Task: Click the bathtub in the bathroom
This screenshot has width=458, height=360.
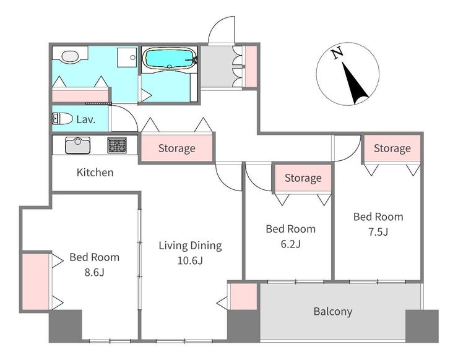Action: (x=170, y=58)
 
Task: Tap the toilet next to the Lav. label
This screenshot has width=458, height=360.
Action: (x=63, y=119)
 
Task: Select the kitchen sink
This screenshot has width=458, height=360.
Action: (x=78, y=145)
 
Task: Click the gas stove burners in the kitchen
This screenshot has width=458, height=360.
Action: (x=117, y=145)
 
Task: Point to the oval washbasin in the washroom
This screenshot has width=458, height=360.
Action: (x=71, y=56)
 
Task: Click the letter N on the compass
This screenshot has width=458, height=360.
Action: (x=337, y=53)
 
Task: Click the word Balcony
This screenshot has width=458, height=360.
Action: (x=333, y=312)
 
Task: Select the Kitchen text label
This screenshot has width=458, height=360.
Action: (x=95, y=172)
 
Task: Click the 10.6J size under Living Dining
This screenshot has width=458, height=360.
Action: (x=190, y=260)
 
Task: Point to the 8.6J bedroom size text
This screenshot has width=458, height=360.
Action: (x=94, y=272)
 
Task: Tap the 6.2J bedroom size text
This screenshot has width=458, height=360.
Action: (x=291, y=244)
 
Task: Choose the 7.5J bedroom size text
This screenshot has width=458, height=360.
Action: (x=378, y=232)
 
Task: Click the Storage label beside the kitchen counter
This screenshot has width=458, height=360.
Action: (x=177, y=148)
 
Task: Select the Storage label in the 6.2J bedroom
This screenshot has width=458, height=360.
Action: (x=303, y=178)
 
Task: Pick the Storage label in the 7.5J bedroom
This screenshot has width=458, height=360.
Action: (x=392, y=148)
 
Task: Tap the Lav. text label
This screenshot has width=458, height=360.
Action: (x=86, y=119)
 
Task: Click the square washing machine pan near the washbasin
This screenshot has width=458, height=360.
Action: (x=127, y=58)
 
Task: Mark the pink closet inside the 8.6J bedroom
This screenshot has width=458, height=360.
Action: (x=36, y=281)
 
